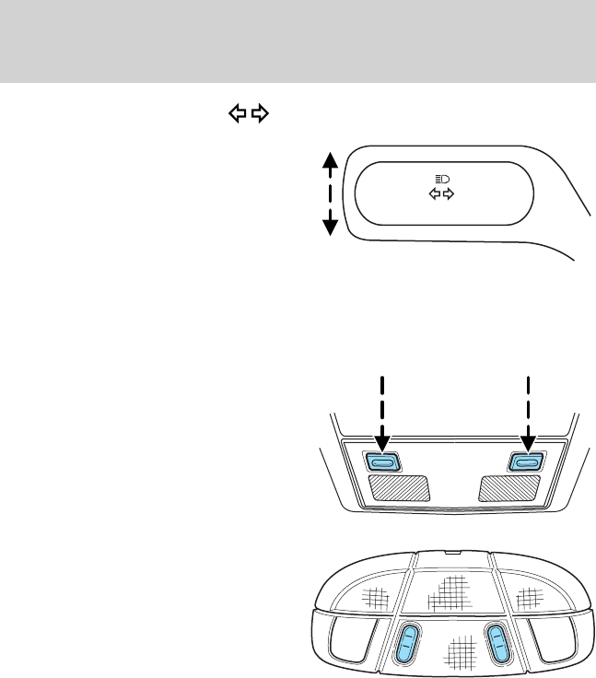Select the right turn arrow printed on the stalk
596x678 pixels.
coord(450,194)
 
